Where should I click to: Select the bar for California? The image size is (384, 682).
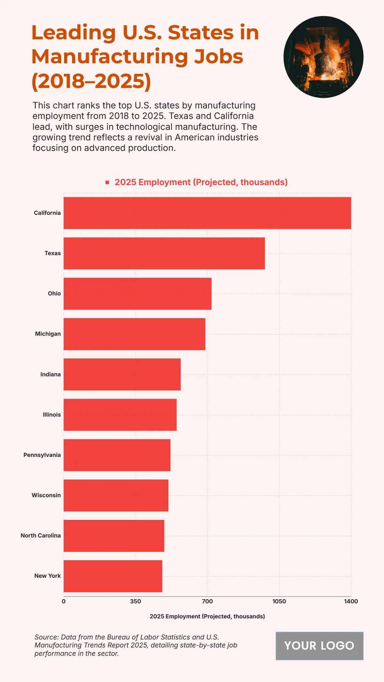[207, 213]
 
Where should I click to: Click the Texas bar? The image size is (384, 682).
[164, 253]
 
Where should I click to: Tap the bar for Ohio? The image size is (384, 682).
[138, 294]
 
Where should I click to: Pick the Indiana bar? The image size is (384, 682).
[122, 374]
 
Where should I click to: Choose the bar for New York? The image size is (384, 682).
[113, 576]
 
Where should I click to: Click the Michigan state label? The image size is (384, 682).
[48, 334]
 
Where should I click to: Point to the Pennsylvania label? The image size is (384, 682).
[42, 455]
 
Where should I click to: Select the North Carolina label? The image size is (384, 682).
[41, 536]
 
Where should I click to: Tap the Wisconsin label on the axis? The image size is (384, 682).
[46, 495]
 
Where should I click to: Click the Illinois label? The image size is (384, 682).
[52, 415]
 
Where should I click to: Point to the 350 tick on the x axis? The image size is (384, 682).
[135, 601]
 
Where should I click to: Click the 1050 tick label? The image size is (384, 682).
[279, 601]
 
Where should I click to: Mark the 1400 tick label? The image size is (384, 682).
[351, 601]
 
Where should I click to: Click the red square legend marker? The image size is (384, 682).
[108, 182]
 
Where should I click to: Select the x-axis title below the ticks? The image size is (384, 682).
[207, 616]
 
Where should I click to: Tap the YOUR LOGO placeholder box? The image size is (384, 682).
[319, 646]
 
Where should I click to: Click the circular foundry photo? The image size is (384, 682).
[323, 57]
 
